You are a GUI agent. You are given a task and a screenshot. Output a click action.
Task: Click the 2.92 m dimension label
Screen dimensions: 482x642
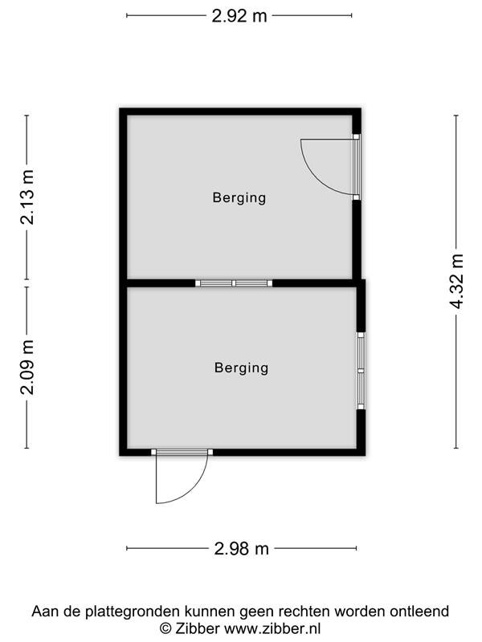(239, 16)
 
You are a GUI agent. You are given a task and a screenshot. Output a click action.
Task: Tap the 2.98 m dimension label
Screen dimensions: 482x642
(242, 548)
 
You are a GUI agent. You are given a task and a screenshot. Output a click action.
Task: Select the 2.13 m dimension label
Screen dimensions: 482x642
(27, 197)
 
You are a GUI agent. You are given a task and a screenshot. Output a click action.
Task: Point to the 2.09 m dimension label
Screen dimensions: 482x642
(27, 367)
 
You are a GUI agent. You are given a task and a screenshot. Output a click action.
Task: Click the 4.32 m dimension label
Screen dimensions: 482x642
(456, 281)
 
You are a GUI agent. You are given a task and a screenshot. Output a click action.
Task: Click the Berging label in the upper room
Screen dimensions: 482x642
(239, 197)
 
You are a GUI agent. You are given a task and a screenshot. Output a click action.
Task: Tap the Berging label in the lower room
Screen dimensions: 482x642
(242, 368)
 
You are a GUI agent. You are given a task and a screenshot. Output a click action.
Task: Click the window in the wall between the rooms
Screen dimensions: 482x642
(234, 283)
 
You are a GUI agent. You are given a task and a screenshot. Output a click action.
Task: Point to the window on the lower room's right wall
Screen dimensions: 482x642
(361, 371)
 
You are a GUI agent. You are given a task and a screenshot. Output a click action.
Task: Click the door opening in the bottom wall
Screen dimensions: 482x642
(182, 452)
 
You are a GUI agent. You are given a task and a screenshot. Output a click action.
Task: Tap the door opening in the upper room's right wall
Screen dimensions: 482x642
(356, 167)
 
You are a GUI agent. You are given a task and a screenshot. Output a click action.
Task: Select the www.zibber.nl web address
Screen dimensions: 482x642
(272, 628)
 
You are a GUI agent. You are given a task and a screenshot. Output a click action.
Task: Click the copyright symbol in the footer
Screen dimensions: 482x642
(165, 628)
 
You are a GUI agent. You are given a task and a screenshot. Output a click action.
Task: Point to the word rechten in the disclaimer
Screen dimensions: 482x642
(304, 612)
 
